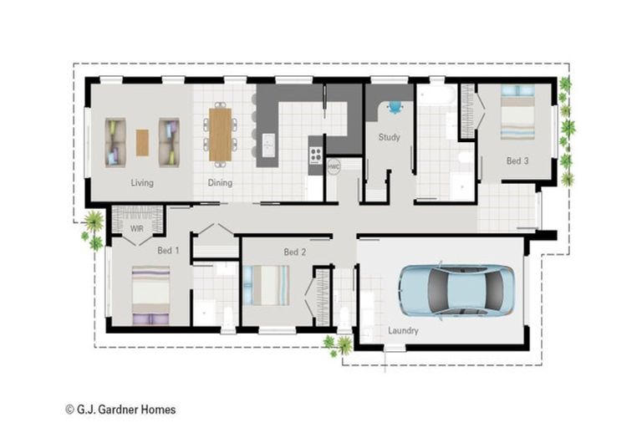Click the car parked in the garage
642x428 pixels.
(456, 290)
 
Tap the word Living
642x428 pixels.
(142, 182)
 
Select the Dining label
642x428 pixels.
(220, 182)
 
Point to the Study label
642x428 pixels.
(389, 137)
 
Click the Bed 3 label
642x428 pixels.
(517, 160)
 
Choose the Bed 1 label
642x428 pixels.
(168, 250)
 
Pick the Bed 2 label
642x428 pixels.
(293, 252)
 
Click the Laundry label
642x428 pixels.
(403, 331)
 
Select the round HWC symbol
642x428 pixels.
(334, 166)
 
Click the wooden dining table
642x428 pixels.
(221, 134)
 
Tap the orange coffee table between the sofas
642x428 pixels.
(142, 142)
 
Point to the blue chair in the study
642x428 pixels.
(394, 107)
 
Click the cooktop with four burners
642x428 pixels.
(316, 155)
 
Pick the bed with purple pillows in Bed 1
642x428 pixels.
(150, 295)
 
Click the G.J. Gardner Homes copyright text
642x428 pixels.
(120, 410)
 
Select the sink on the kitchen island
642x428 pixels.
(267, 145)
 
